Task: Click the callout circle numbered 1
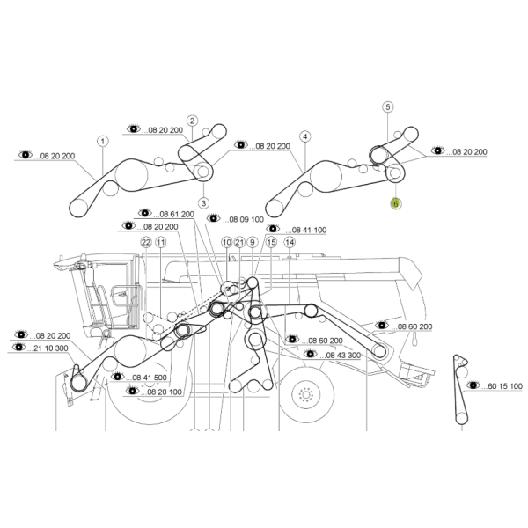(x=102, y=141)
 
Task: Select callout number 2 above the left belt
(x=192, y=121)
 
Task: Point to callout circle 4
(x=304, y=137)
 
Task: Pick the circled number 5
(x=387, y=107)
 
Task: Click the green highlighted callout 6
(x=395, y=203)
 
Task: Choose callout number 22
(x=145, y=242)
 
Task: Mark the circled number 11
(x=160, y=242)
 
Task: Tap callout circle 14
(x=252, y=242)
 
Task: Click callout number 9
(x=252, y=242)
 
